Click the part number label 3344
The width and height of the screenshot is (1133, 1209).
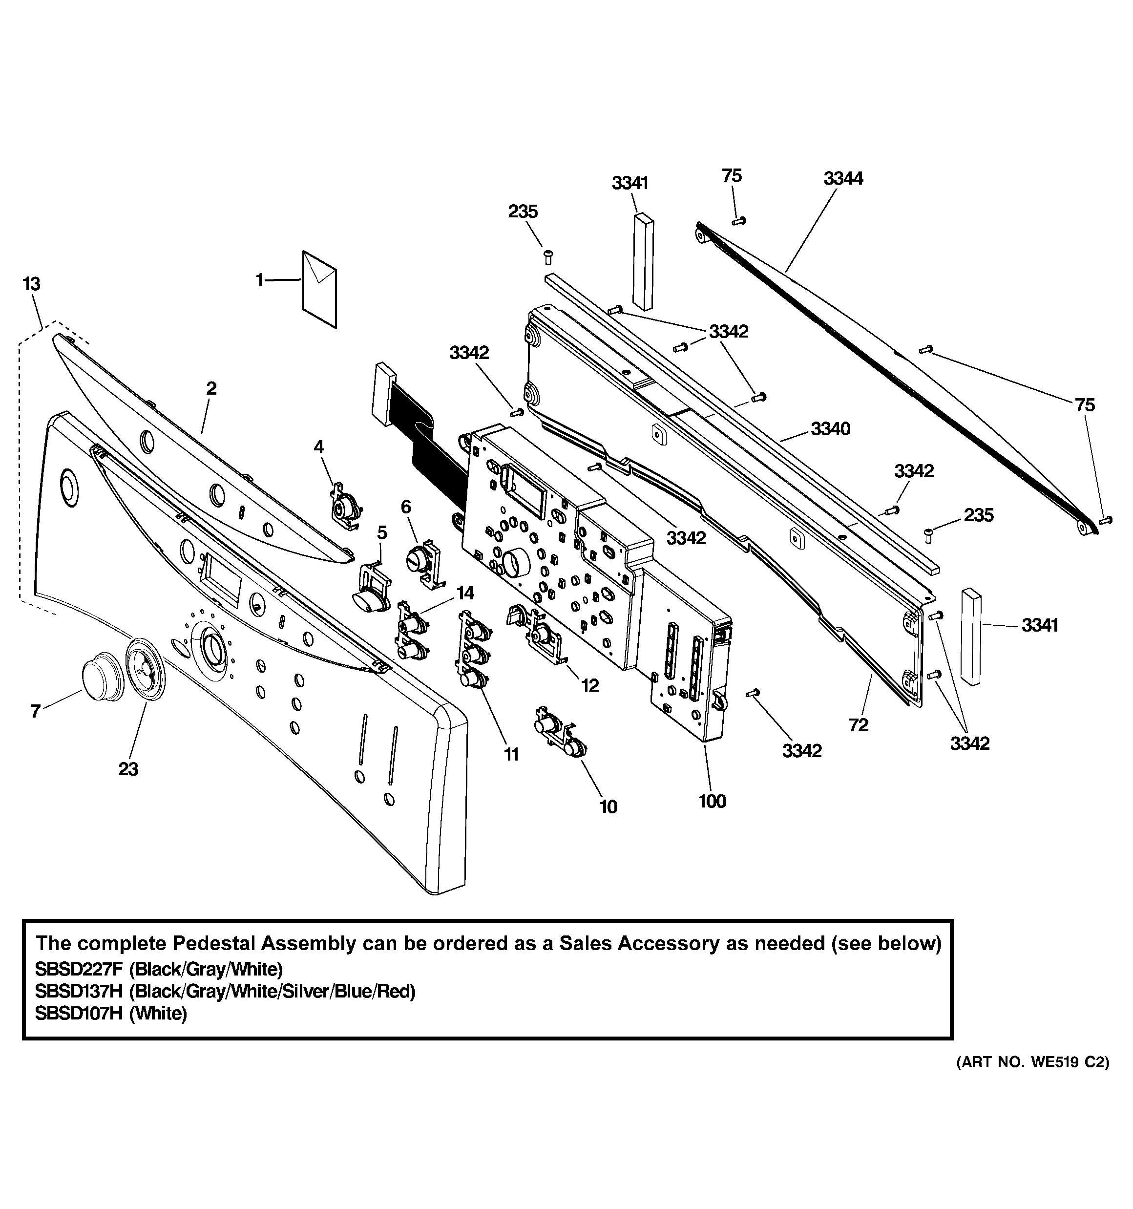click(x=843, y=178)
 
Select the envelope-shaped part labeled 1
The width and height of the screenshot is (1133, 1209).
click(x=320, y=289)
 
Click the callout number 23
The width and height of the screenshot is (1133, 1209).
click(x=128, y=769)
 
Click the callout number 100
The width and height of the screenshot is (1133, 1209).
click(x=712, y=801)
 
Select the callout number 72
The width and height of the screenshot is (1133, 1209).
click(x=859, y=724)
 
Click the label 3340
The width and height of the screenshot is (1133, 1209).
click(x=830, y=429)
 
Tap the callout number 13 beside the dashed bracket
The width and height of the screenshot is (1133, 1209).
click(x=31, y=283)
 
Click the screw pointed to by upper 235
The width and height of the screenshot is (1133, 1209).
click(x=547, y=257)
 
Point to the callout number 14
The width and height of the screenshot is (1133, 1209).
click(x=465, y=593)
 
